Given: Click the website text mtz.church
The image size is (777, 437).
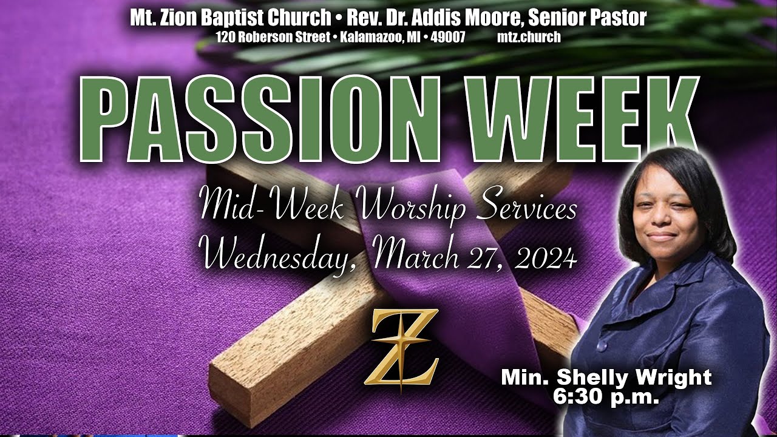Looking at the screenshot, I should (x=529, y=37).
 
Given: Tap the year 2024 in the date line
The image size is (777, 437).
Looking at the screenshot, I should (x=545, y=258).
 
